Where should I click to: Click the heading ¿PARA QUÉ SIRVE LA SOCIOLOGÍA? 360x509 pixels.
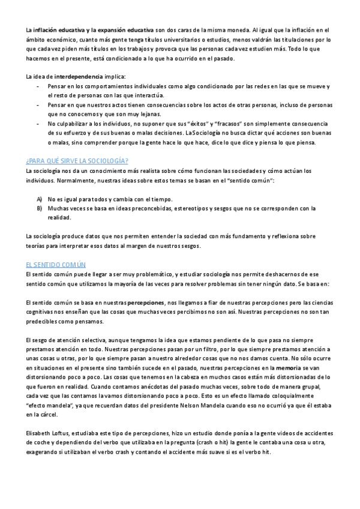point(77,161)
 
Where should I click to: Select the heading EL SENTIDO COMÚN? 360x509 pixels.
point(56,264)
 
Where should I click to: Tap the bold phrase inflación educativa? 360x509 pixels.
point(59,29)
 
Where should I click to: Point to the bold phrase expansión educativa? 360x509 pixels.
point(125,29)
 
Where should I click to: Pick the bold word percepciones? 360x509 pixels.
point(146,304)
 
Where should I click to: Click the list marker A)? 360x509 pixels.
point(40,199)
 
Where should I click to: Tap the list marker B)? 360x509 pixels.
point(40,208)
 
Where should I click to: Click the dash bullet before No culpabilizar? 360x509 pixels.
point(39,124)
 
